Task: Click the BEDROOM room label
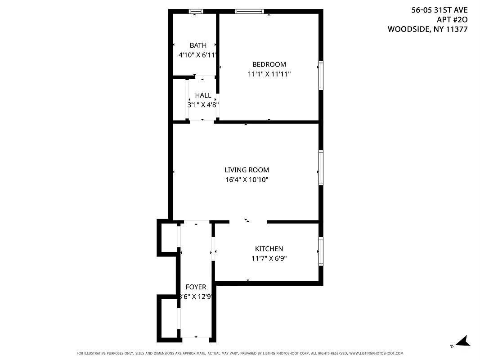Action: click(269, 64)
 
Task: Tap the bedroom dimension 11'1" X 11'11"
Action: click(269, 74)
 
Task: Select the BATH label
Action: click(198, 45)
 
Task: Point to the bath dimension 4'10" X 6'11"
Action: click(198, 55)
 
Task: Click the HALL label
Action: click(203, 95)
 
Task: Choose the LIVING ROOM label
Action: click(247, 170)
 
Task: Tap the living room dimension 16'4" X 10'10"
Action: click(247, 180)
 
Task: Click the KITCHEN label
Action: click(269, 249)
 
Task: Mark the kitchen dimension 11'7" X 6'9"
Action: click(269, 258)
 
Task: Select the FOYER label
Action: click(196, 287)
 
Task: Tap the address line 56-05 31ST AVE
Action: click(440, 9)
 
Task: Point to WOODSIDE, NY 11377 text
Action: click(427, 29)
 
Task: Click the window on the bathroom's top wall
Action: click(195, 12)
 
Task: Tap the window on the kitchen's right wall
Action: click(321, 251)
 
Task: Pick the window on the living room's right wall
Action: click(321, 167)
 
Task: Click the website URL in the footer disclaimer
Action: click(376, 353)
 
